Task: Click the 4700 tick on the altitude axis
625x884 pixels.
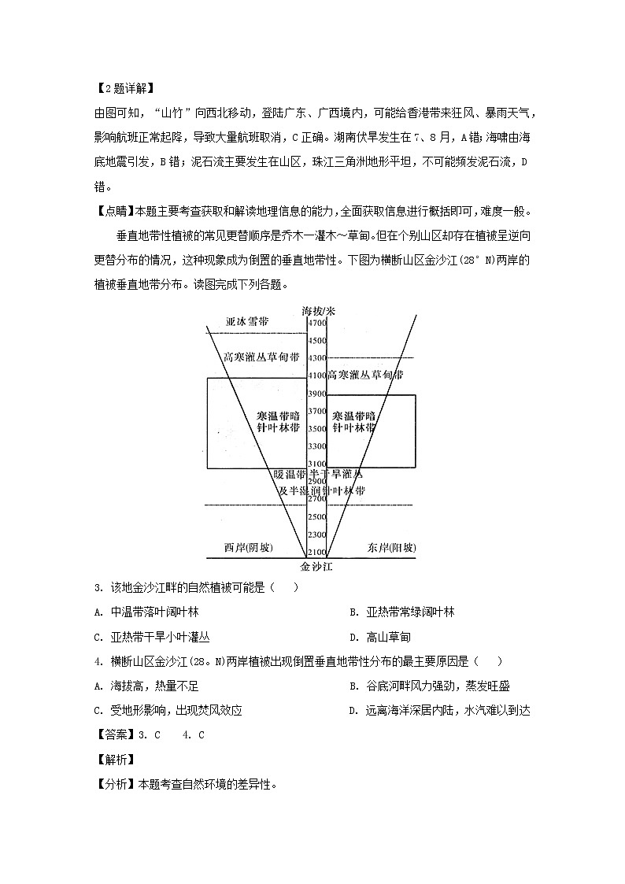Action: coord(316,324)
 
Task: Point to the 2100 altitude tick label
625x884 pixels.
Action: coord(316,552)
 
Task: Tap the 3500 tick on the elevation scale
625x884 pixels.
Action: coord(316,429)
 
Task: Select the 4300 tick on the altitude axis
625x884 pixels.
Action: coord(316,358)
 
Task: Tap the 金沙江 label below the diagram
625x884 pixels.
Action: coord(316,566)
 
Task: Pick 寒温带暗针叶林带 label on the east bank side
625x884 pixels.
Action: coord(353,422)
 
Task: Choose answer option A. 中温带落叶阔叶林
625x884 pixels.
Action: coord(155,612)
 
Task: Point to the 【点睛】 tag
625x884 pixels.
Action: coord(114,211)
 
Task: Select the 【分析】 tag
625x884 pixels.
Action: coord(114,784)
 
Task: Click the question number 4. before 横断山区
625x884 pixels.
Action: coord(98,661)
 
